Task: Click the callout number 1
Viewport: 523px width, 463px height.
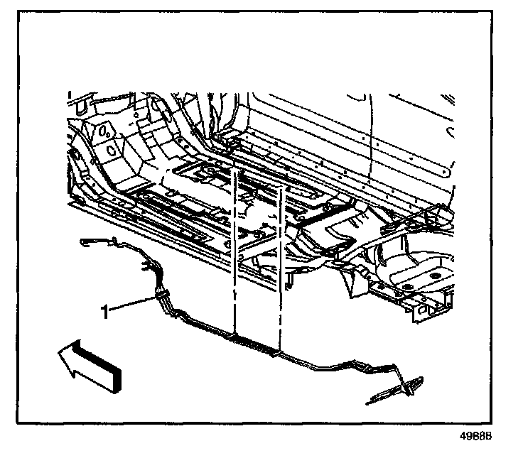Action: [x=105, y=311]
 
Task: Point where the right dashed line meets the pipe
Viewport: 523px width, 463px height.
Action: [x=281, y=351]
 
